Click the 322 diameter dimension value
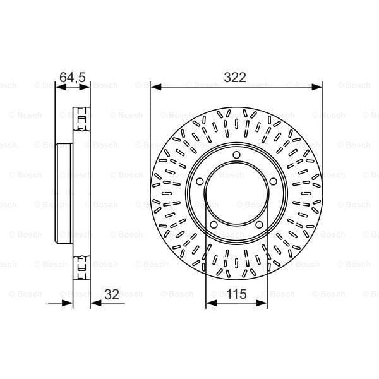pos(235,77)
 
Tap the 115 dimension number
pos(236,294)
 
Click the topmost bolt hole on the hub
pos(236,155)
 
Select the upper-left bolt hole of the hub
pos(200,181)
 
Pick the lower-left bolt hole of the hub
pos(214,224)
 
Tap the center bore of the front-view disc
pos(236,193)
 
